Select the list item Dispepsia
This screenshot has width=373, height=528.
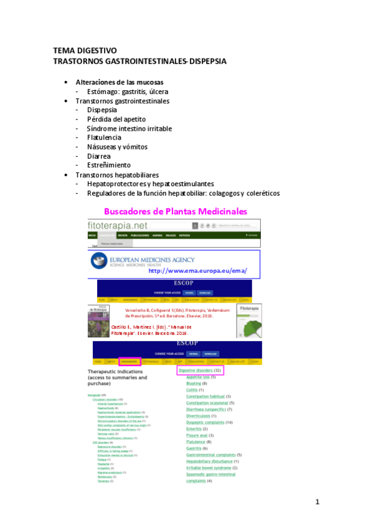coord(102,110)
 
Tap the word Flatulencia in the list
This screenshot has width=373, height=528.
coord(104,137)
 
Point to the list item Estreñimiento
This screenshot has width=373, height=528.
coord(109,165)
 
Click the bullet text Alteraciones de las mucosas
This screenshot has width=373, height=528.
coord(120,82)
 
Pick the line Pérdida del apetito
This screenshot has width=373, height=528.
coord(116,119)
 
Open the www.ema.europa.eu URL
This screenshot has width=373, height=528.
coord(197,271)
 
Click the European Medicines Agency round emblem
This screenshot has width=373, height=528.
coord(100,262)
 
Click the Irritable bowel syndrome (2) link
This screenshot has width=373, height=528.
coord(211,468)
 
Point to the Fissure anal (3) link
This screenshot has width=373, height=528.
coord(202,435)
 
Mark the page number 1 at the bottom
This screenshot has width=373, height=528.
coord(317,502)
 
